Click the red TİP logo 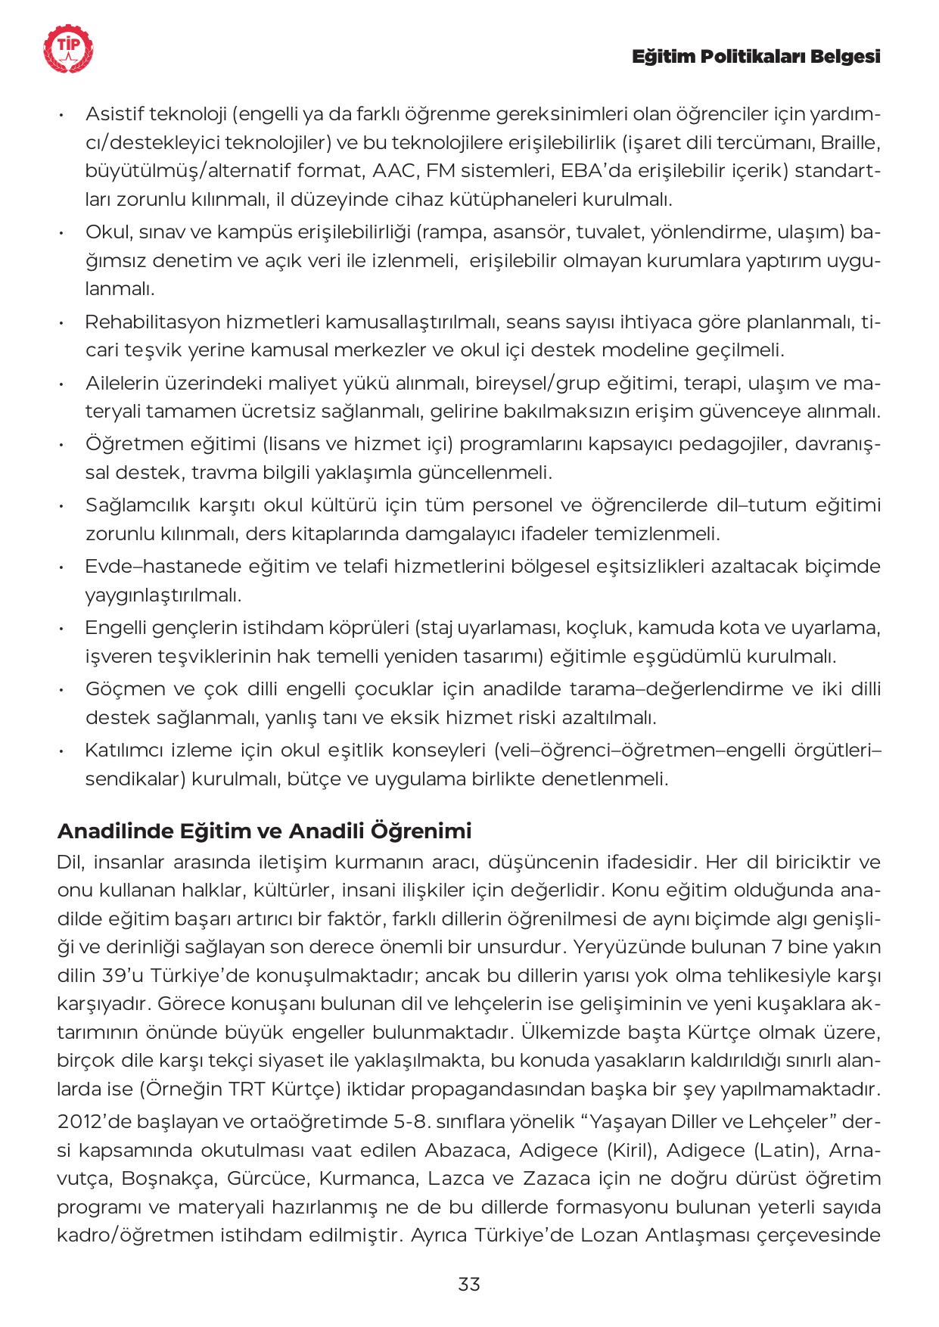(x=69, y=50)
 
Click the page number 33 (x=469, y=1283)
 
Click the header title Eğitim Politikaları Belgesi (x=756, y=57)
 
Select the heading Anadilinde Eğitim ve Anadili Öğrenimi (x=264, y=831)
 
